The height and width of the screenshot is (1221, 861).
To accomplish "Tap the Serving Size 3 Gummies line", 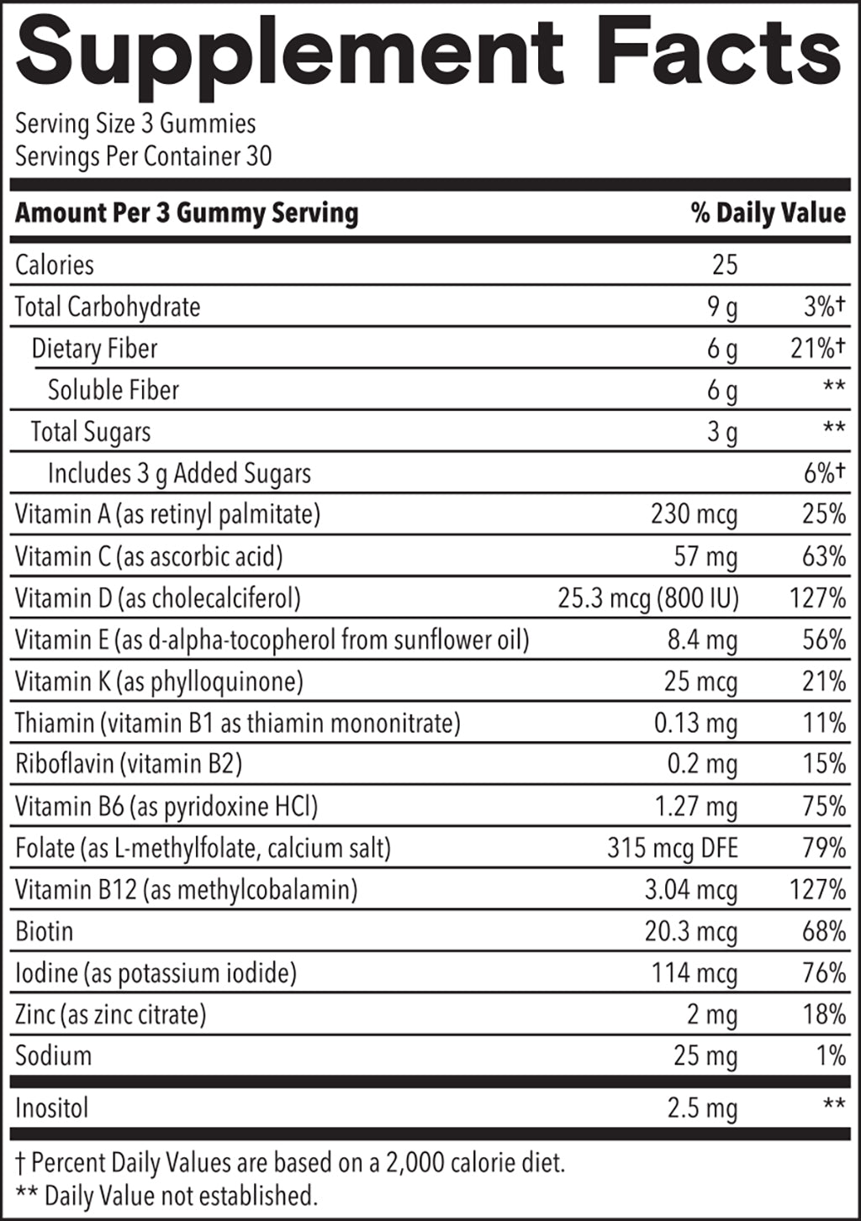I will pos(135,124).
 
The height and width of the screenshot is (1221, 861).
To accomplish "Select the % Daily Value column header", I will pos(768,213).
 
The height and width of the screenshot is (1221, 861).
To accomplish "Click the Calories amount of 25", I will pos(724,265).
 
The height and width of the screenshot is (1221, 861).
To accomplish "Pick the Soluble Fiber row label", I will pos(114,390).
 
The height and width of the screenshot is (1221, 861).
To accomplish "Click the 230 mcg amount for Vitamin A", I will pos(694,514).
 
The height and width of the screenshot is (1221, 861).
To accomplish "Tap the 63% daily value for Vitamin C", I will pos(823,556).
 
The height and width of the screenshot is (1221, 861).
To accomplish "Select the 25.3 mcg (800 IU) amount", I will pos(647,598).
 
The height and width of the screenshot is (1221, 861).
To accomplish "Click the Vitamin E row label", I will pos(272,640).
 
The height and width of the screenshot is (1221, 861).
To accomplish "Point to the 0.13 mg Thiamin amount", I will pos(695,723).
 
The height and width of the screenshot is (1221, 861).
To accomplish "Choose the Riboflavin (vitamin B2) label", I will pos(129,764).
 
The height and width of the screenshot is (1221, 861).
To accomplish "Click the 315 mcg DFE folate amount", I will pos(672,848).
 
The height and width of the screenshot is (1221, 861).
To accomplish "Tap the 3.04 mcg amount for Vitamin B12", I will pos(690,890).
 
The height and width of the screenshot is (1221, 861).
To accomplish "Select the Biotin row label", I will pos(45,931).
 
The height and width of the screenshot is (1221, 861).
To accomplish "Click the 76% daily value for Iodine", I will pos(823,973).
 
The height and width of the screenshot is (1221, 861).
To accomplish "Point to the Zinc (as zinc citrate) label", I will pos(110,1014).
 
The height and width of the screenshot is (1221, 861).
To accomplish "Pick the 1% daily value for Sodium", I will pos(831,1055).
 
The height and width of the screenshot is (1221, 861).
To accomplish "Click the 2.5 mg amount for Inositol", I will pos(702,1108).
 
